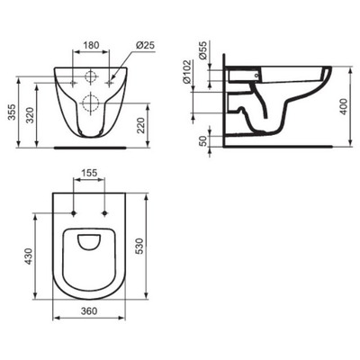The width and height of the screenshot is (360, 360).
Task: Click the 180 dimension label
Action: [91, 45]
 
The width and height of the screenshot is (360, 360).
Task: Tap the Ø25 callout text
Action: [145, 45]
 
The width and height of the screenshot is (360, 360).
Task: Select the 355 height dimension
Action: [12, 112]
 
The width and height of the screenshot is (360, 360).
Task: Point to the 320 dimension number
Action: [30, 115]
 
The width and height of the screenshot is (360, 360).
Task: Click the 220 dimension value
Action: [141, 125]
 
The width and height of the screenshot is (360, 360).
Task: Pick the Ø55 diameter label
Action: [203, 49]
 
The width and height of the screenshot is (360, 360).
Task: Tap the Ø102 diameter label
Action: [187, 72]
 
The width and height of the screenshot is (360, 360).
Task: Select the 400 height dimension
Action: [344, 106]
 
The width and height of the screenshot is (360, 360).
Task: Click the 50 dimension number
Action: [203, 140]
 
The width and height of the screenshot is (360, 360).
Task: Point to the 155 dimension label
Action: [89, 173]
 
